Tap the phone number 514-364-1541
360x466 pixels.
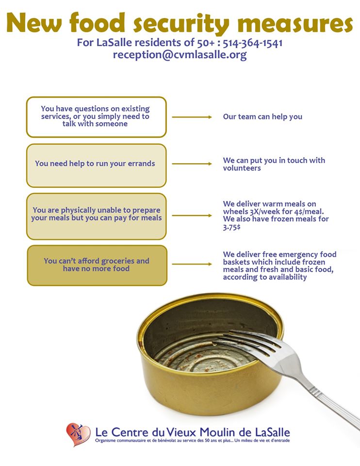[x=252, y=43]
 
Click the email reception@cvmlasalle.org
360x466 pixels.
[x=180, y=55]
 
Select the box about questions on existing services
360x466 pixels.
[x=96, y=116]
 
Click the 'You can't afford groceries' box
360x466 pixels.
[x=96, y=265]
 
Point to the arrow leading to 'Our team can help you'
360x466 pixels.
[x=192, y=117]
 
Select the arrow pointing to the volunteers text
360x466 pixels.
[x=192, y=164]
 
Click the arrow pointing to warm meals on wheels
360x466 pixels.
[x=192, y=215]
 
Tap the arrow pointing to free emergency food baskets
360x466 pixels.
[x=192, y=265]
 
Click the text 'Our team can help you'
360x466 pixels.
[x=262, y=117]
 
